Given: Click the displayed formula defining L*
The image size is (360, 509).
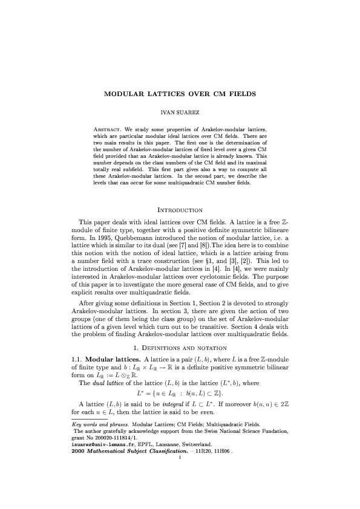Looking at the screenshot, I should click(x=180, y=396).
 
